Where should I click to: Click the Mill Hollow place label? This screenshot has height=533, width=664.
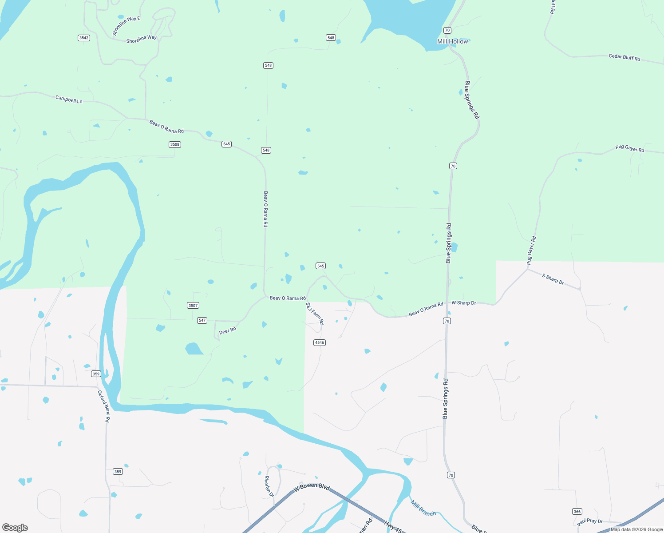click(x=452, y=41)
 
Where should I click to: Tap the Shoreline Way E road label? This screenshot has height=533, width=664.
click(x=126, y=26)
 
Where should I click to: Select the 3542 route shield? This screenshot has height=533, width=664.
click(x=84, y=38)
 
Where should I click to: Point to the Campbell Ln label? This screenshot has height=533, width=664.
click(x=69, y=99)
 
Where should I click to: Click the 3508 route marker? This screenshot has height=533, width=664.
click(x=175, y=144)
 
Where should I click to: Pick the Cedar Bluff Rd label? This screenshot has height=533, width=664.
click(x=624, y=57)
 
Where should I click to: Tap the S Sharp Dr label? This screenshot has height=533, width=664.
click(x=553, y=279)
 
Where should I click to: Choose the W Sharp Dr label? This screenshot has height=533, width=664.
click(x=463, y=303)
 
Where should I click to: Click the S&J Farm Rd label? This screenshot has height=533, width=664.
click(x=315, y=313)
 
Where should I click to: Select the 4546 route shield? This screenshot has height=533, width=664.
click(x=320, y=342)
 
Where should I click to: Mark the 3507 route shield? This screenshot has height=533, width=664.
click(x=193, y=305)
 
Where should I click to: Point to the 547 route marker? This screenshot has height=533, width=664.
click(x=202, y=320)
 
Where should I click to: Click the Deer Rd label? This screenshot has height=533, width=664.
click(x=227, y=330)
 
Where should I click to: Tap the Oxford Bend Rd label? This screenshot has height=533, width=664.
click(x=104, y=406)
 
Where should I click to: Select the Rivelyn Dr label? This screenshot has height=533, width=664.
click(x=269, y=486)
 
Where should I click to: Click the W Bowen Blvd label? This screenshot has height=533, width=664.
click(x=312, y=487)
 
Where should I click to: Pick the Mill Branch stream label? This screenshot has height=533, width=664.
click(x=423, y=508)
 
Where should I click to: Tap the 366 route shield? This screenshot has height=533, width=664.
click(x=577, y=511)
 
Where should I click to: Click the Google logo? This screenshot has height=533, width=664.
click(x=15, y=528)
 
